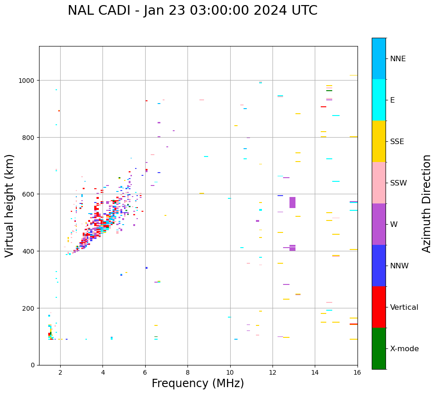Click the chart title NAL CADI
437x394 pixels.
192,11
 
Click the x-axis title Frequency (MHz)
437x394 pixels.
198,383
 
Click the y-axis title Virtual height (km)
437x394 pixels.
10,205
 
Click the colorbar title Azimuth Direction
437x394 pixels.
427,203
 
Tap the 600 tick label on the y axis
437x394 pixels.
29,194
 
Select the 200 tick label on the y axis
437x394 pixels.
29,308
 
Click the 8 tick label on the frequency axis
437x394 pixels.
187,373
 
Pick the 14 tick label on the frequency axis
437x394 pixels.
315,373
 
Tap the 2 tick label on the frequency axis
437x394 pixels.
60,373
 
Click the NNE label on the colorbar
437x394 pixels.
398,59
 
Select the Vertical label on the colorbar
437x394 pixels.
404,307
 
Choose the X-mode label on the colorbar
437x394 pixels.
404,349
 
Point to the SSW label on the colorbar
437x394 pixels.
398,183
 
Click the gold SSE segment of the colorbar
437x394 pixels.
379,141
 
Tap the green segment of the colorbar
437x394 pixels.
379,348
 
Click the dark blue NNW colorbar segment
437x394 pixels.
379,266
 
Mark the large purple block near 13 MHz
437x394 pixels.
292,203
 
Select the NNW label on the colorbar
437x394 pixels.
400,266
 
